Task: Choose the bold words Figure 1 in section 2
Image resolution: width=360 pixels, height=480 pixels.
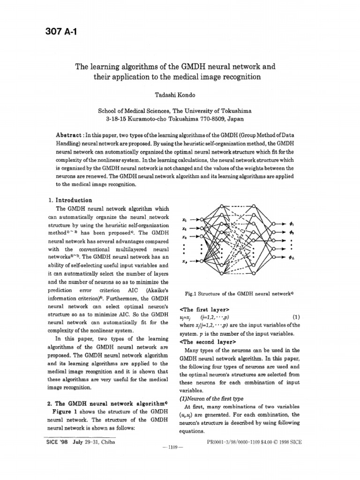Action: point(64,411)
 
